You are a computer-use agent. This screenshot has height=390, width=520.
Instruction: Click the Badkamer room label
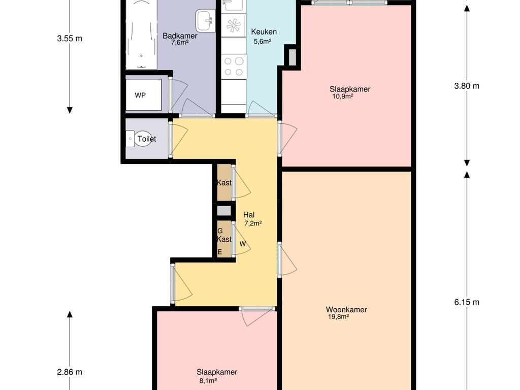[x=180, y=36]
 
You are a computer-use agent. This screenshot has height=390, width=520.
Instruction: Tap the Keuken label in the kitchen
[x=264, y=32]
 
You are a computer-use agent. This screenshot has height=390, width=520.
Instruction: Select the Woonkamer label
[x=346, y=310]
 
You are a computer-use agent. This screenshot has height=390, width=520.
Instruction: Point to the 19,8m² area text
[x=338, y=317]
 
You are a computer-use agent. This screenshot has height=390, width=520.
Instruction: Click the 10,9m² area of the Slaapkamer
[x=343, y=96]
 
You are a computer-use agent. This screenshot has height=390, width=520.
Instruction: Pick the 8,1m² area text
[x=208, y=381]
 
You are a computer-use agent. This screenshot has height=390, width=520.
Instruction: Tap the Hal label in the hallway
[x=249, y=215]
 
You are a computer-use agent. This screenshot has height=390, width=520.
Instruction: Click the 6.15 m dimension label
[x=467, y=302]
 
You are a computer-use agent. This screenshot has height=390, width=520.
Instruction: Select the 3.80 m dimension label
[x=467, y=86]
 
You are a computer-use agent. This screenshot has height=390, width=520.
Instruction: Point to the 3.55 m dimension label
[x=69, y=39]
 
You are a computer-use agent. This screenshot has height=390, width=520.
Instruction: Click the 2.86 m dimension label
[x=69, y=372]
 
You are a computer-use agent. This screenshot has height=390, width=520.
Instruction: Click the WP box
[x=144, y=94]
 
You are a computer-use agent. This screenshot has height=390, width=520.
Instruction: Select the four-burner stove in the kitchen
[x=234, y=67]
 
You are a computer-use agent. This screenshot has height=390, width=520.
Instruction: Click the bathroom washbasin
[x=205, y=20]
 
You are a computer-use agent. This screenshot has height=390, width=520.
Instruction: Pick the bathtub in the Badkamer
[x=141, y=35]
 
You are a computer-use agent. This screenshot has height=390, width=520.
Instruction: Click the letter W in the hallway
[x=243, y=244]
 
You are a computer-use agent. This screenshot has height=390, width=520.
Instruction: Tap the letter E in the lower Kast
[x=219, y=252]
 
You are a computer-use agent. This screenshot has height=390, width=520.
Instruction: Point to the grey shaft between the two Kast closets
[x=224, y=211]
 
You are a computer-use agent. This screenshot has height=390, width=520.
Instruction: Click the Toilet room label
[x=147, y=139]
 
